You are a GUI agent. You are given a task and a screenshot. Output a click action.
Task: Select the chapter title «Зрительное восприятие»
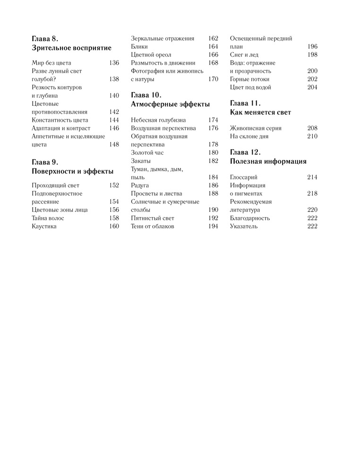click(71, 48)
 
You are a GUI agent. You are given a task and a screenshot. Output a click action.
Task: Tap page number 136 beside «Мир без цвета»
click(114, 63)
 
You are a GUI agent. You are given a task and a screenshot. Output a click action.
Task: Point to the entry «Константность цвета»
click(60, 120)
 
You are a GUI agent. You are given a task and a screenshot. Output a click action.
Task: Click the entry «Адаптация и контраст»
click(61, 128)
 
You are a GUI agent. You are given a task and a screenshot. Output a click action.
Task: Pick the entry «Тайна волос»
click(48, 218)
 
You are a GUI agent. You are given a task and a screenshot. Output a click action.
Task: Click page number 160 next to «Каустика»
click(114, 227)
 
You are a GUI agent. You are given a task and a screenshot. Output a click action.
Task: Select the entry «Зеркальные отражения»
click(163, 38)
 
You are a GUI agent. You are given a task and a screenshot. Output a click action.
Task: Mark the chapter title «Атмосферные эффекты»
click(170, 104)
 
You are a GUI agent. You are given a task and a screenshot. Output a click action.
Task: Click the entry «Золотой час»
click(147, 152)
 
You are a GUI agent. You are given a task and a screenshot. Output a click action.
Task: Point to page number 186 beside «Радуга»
click(213, 185)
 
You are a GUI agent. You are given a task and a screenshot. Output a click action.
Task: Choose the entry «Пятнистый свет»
click(153, 218)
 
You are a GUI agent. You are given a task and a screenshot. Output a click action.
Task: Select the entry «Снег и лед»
click(244, 55)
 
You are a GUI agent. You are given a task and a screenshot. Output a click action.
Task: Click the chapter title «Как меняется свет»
click(260, 112)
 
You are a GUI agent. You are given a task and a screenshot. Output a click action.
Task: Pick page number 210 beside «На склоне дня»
click(312, 136)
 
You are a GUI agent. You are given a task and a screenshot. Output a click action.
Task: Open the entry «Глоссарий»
click(244, 177)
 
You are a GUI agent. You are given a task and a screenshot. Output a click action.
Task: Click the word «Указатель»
click(244, 227)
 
